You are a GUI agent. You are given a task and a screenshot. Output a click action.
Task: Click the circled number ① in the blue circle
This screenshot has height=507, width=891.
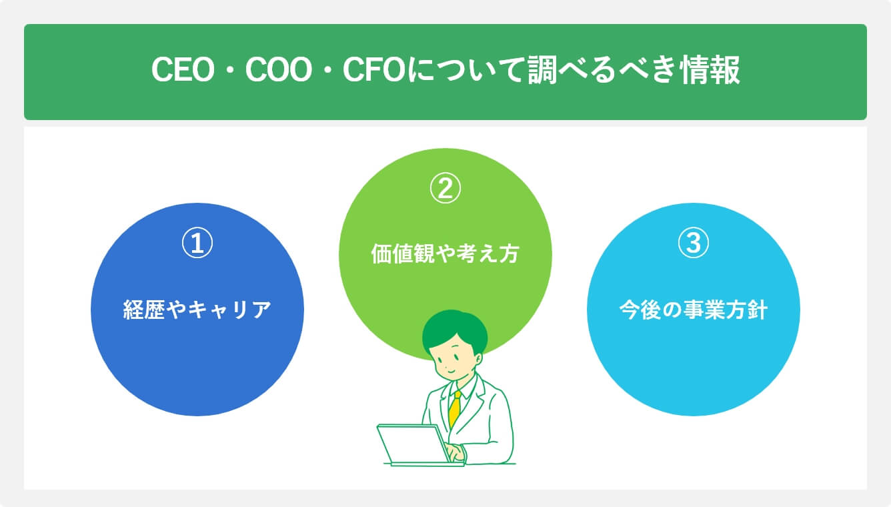tap(197, 244)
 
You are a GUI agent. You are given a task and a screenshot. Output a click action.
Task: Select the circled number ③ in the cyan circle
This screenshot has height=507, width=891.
tap(693, 244)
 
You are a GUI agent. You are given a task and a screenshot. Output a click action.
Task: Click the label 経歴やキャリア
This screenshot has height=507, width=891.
tap(197, 310)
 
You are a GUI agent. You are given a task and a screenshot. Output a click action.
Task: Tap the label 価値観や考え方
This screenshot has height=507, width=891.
tap(445, 255)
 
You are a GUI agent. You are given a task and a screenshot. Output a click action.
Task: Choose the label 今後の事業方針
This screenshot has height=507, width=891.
tap(693, 310)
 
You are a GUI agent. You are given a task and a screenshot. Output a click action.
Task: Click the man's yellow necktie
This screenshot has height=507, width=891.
tap(455, 409)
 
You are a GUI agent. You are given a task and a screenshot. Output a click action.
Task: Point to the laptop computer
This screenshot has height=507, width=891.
tap(413, 444)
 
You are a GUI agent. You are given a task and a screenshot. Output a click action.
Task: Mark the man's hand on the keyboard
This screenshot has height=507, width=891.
tap(455, 454)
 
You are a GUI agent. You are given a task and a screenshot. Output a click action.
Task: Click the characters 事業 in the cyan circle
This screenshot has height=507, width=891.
tap(694, 310)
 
